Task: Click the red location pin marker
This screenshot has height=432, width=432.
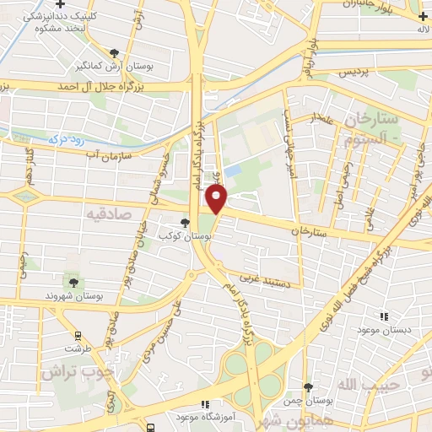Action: (217, 198)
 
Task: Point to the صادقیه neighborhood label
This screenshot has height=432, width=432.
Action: (107, 215)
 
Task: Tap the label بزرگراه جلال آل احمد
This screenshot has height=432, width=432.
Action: (101, 87)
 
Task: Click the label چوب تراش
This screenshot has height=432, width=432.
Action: (73, 371)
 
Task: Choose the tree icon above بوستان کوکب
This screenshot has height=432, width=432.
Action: (184, 223)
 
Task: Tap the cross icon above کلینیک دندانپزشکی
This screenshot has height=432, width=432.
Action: (60, 5)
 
